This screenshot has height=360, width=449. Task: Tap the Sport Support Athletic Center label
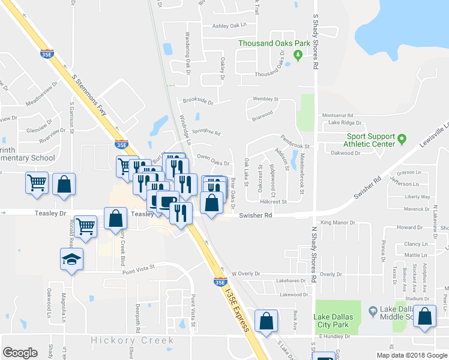pos(370,140)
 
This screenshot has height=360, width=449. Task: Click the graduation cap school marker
pos(71,259)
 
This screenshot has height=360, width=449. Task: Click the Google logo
pos(20,353)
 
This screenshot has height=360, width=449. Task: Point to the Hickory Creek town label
pos(133,340)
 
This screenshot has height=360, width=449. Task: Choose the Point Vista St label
pos(139,268)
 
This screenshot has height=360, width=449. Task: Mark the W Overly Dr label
pos(246,274)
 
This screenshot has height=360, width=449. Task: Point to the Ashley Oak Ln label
pos(229,26)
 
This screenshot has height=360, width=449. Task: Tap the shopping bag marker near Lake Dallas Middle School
pos(425,318)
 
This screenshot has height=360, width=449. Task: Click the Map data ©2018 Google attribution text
pos(412,355)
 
